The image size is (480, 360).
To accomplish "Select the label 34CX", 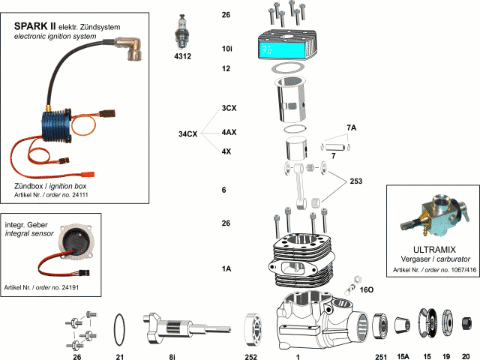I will (x=187, y=135).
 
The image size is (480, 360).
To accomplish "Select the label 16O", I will (x=367, y=288).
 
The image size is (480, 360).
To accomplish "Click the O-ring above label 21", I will (x=118, y=327).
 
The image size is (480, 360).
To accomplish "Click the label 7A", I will (x=351, y=128).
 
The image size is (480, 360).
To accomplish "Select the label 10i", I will (x=226, y=48).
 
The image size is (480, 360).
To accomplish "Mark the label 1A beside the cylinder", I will (x=226, y=268).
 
